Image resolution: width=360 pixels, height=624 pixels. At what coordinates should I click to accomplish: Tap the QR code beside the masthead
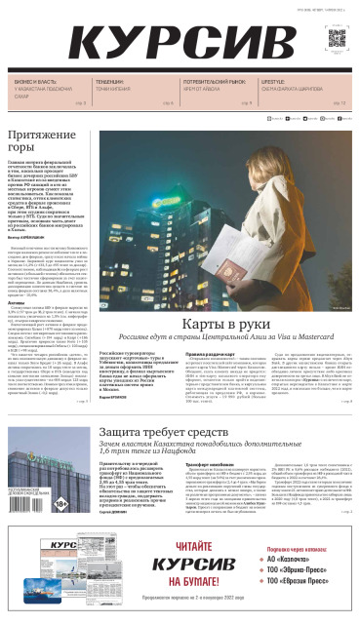[x=337, y=39]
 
